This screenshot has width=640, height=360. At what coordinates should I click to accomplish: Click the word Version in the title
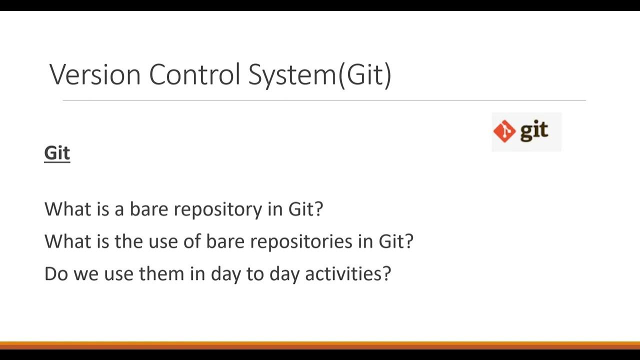[x=95, y=74]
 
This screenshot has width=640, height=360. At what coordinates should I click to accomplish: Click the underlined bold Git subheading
[x=57, y=153]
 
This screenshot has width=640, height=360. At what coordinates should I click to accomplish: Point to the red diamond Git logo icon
[x=504, y=131]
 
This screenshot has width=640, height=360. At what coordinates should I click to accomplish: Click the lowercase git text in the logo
[x=534, y=131]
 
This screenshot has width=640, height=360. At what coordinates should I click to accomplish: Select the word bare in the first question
[x=149, y=208]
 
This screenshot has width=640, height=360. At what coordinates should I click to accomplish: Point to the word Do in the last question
[x=56, y=273]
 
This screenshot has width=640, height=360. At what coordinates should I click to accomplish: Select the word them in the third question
[x=161, y=273]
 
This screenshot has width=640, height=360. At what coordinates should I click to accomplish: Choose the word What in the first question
[x=68, y=208]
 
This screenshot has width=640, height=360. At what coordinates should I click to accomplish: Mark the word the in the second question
[x=128, y=241]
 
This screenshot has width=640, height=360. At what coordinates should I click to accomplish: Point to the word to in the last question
[x=254, y=273]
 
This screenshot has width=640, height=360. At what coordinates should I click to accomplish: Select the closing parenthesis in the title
[x=388, y=75]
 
